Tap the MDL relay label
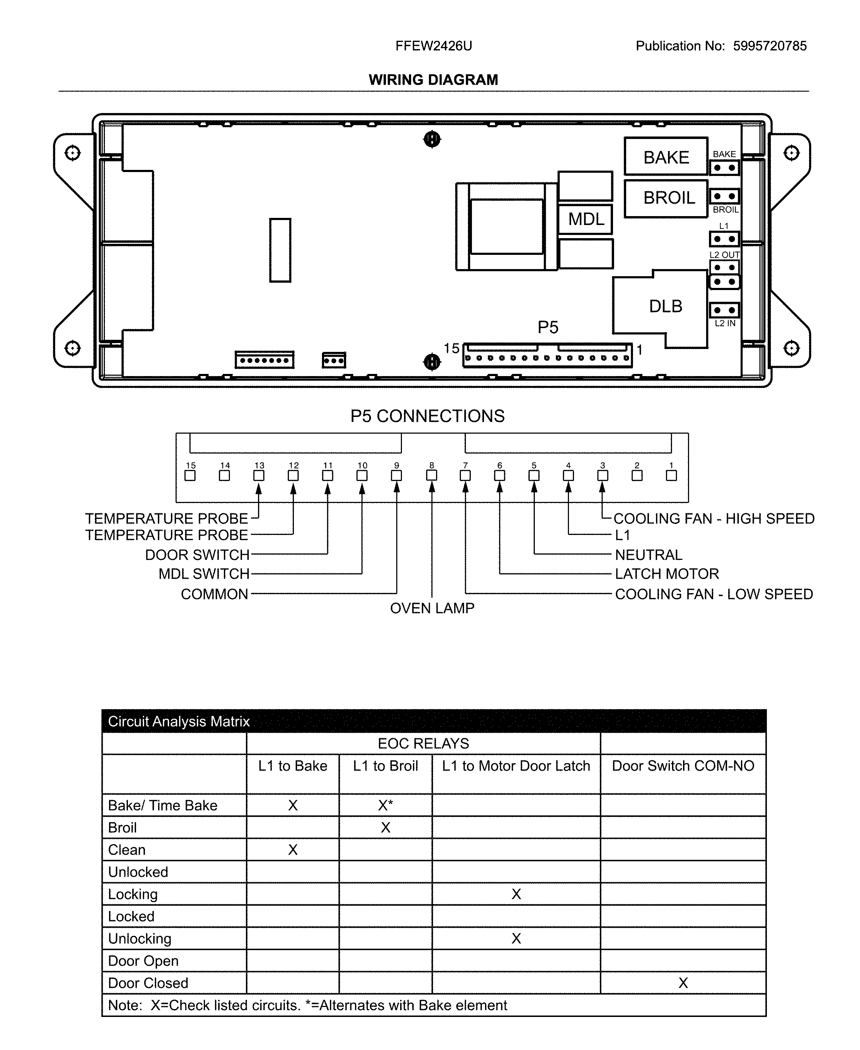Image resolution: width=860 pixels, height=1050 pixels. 586,219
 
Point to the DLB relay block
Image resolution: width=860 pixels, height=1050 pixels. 665,306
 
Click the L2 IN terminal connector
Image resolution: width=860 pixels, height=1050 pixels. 724,310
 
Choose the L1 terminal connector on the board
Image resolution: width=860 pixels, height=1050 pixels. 724,239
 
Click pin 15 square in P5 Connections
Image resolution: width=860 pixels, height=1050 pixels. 190,476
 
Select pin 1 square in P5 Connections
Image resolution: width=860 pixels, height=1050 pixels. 671,476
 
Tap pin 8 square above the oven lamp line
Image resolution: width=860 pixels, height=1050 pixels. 431,476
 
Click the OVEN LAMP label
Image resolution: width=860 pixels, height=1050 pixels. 432,608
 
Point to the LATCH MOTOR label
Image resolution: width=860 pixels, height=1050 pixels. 667,574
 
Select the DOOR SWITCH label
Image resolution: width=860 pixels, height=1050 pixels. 197,555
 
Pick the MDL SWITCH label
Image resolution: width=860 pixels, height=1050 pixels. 204,574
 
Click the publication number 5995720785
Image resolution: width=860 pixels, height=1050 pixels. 770,46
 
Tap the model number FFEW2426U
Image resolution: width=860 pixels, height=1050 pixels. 434,46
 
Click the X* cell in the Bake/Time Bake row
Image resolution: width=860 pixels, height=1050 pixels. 386,805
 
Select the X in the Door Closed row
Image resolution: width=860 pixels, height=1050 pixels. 683,982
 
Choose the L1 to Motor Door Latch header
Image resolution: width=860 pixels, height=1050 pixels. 516,766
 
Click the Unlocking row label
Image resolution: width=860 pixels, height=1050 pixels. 140,938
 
